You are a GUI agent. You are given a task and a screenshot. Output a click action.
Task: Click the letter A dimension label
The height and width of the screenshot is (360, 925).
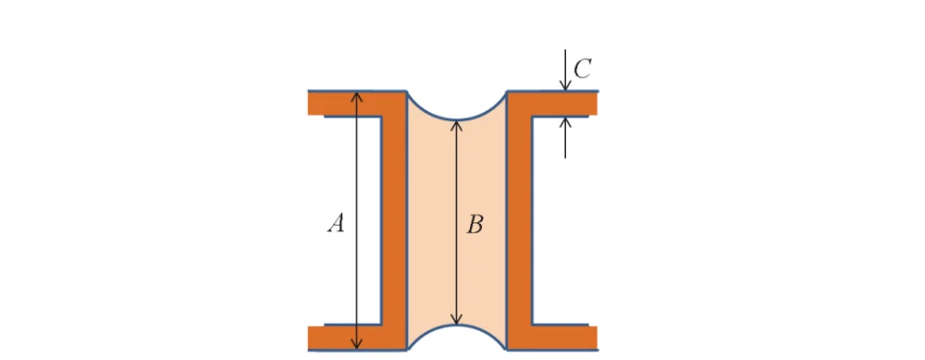pos(338,222)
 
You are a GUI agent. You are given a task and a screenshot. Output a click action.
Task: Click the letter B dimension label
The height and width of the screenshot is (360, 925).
pos(475,224)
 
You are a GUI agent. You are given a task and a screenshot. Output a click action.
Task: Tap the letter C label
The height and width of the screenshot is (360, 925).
pos(582,69)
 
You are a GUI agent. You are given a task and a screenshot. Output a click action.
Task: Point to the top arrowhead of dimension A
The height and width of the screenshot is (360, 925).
pos(358,96)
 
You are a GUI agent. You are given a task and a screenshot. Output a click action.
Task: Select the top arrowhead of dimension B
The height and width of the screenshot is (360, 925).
pos(455,125)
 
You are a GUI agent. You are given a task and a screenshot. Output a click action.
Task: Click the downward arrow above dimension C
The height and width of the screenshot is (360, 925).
pos(565,82)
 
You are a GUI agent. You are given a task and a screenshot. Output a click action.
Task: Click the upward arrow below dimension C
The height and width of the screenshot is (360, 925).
pos(565,126)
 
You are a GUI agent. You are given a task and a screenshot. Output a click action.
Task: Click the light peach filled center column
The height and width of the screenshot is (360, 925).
pos(435,222)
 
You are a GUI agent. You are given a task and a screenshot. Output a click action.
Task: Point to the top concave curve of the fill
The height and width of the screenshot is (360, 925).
pos(456,118)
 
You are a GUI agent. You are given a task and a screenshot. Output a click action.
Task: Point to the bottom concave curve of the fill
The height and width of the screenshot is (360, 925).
pos(456,328)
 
